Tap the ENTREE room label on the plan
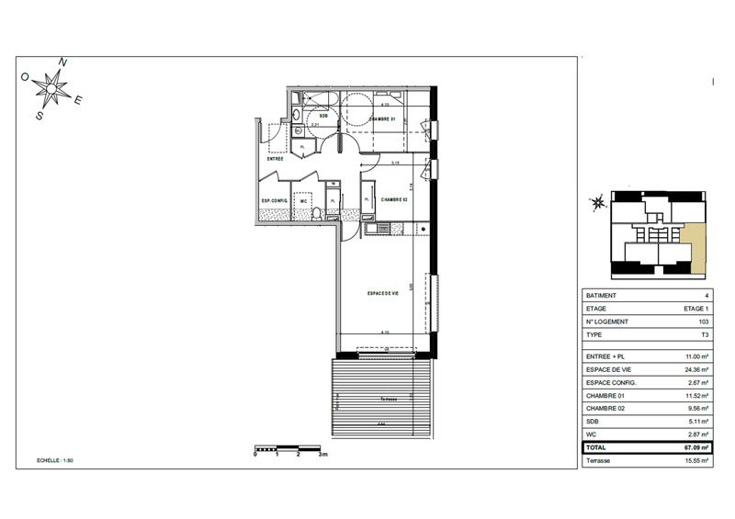click(x=275, y=159)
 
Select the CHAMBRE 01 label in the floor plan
click(x=381, y=120)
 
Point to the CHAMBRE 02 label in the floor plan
click(x=394, y=199)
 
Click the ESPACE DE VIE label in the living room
click(x=382, y=293)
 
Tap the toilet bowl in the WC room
click(x=316, y=215)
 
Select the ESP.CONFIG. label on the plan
click(x=276, y=200)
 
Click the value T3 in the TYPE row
click(x=704, y=335)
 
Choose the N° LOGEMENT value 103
click(x=703, y=322)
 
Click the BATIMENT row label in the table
click(x=602, y=295)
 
